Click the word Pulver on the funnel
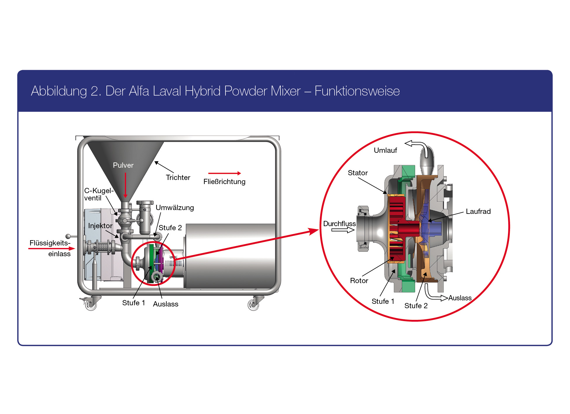(123, 165)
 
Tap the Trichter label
(178, 178)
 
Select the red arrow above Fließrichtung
(224, 173)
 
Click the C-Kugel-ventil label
(98, 194)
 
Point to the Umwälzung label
(175, 208)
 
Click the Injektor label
(100, 226)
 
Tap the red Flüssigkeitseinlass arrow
(51, 249)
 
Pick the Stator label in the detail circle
(358, 173)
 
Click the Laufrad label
(478, 212)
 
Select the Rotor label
(359, 281)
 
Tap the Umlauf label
(385, 150)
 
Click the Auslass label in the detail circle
(460, 298)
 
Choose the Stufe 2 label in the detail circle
(416, 306)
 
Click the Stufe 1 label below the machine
(133, 303)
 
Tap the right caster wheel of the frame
(253, 305)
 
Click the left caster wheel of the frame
(91, 305)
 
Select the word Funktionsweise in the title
(357, 91)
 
